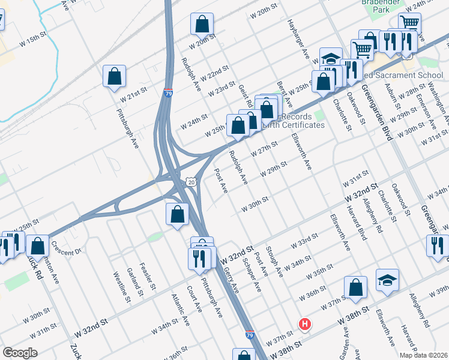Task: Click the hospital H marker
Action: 306,325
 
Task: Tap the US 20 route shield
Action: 191,181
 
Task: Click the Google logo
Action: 20,353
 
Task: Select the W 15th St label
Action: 32,37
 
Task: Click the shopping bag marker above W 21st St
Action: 114,76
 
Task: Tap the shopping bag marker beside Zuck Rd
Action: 38,246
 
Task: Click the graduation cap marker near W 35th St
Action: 387,280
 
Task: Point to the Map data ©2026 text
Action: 423,355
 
